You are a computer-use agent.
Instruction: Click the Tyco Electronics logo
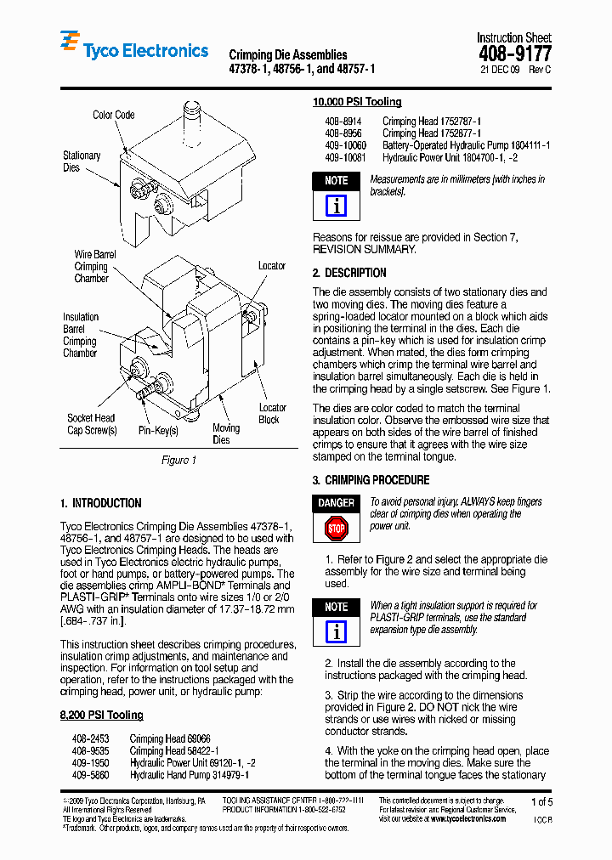[x=133, y=50]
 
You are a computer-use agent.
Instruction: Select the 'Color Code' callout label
[x=113, y=115]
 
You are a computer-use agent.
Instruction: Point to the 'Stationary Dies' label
[x=82, y=161]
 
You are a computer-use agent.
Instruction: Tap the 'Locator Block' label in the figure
[x=272, y=414]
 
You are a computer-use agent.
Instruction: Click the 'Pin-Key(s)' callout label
[x=158, y=431]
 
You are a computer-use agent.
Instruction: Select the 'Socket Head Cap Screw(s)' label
[x=91, y=424]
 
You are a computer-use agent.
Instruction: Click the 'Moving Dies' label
[x=225, y=433]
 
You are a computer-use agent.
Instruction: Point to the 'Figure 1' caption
[x=178, y=460]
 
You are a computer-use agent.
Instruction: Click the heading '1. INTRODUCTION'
[x=101, y=503]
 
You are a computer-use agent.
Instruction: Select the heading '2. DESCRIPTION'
[x=349, y=273]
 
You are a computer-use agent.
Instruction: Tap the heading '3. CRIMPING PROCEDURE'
[x=371, y=480]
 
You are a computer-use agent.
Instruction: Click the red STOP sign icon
[x=337, y=529]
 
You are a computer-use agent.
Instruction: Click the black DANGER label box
[x=337, y=503]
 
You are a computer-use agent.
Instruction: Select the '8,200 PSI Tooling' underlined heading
[x=101, y=716]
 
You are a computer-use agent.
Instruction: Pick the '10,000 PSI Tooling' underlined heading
[x=357, y=102]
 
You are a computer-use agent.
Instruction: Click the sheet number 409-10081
[x=344, y=158]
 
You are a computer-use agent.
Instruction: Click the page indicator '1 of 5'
[x=541, y=801]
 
